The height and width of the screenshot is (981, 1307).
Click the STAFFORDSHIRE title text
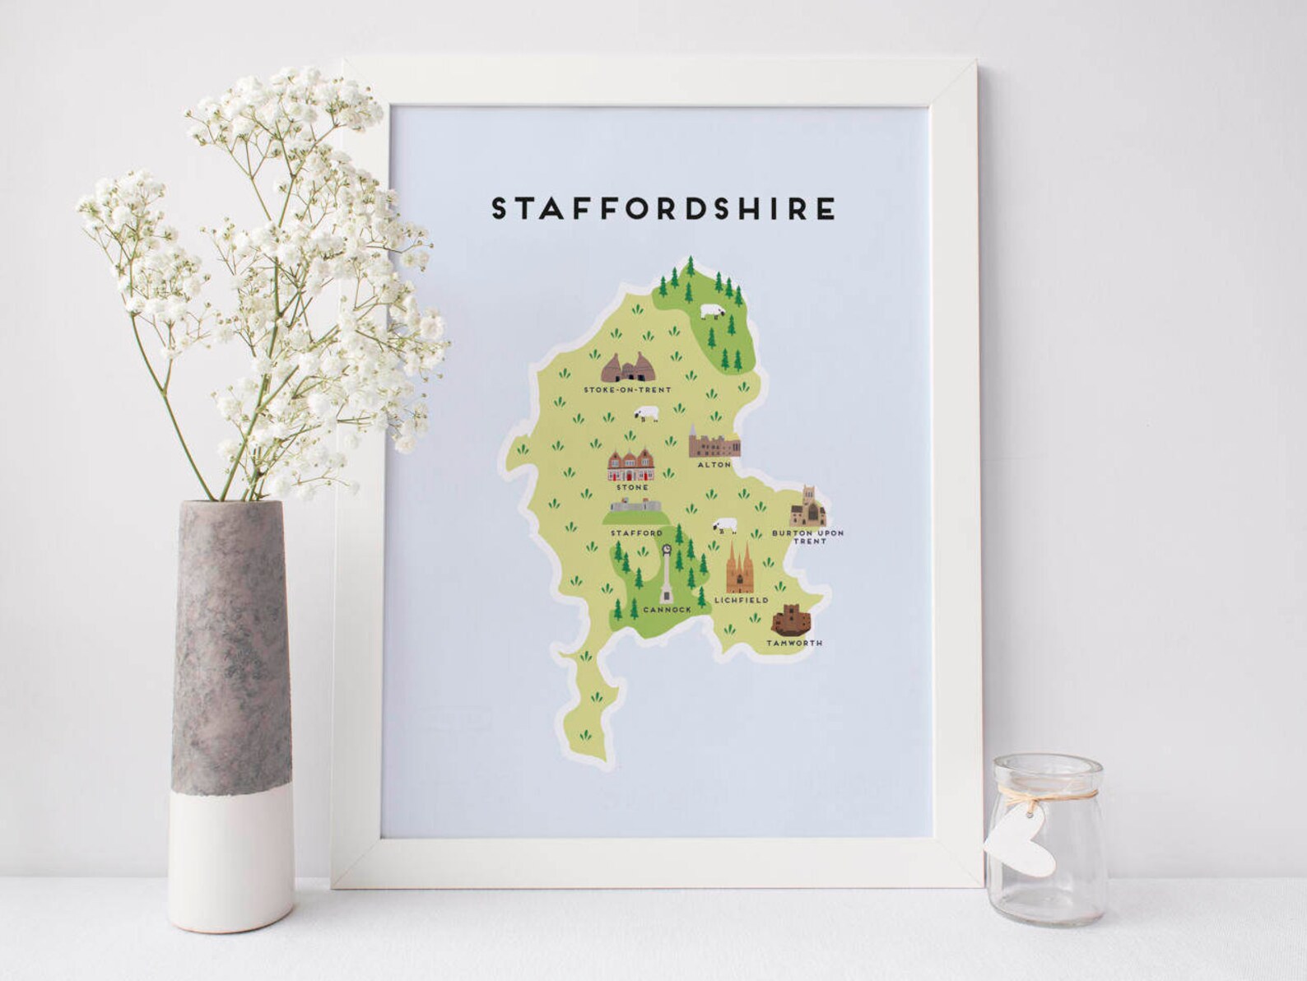[663, 209]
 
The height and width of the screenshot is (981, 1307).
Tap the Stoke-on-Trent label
[627, 389]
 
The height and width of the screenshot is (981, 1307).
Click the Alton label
[714, 465]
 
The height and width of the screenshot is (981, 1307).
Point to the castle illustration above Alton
[713, 443]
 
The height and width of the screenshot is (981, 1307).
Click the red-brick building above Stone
[631, 467]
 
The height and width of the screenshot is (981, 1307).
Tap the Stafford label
[636, 533]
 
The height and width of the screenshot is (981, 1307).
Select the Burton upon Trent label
[808, 537]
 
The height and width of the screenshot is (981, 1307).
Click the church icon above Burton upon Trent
[807, 508]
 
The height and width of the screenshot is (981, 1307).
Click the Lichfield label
[741, 600]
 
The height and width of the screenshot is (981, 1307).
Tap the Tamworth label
[794, 643]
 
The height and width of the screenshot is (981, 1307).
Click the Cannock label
[667, 610]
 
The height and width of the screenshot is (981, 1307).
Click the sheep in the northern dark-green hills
[713, 312]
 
